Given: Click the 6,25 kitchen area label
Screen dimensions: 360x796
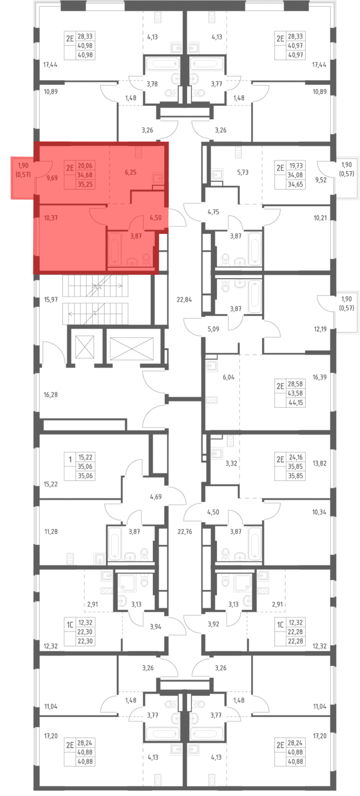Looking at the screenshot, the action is point(130,172).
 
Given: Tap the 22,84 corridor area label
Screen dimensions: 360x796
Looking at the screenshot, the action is point(184,299).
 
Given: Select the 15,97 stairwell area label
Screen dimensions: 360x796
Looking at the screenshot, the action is point(51,299).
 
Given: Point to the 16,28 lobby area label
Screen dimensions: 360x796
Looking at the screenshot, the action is point(51,395).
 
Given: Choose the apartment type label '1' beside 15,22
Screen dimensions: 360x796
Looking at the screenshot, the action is point(70,460).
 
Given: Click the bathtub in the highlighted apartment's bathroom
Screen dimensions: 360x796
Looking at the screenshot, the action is point(115,249).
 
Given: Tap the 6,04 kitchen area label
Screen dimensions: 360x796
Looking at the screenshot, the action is point(229,377).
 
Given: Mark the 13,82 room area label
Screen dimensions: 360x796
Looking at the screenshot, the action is point(319,463).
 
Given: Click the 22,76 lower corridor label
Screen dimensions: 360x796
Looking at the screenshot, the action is point(185,532).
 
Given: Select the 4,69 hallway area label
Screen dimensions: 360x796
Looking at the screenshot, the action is point(156,497).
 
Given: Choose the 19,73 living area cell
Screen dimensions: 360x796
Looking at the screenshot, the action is point(296,166).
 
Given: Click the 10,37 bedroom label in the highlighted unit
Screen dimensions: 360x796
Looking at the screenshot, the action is point(51,218).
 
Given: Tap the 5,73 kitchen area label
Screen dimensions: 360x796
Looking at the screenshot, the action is point(243,172).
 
